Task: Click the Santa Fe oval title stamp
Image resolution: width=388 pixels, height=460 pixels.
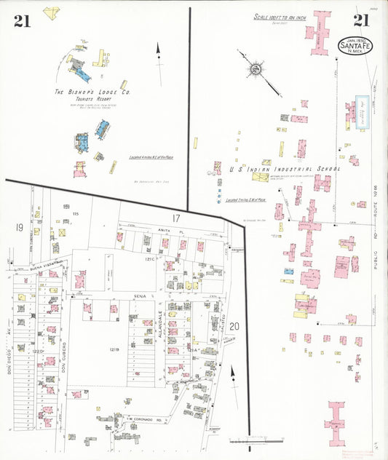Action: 355,44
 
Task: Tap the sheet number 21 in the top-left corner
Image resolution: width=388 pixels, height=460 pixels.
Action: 21,21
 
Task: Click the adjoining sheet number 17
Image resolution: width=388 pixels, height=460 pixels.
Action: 175,218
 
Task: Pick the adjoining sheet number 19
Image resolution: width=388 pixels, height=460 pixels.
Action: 19,228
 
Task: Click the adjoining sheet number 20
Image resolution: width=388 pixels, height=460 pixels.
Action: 234,326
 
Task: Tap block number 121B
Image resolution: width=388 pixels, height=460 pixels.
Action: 114,350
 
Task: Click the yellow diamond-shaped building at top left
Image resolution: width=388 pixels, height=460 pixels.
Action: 51,12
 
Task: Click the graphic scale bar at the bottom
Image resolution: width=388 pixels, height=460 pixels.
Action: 254,440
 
